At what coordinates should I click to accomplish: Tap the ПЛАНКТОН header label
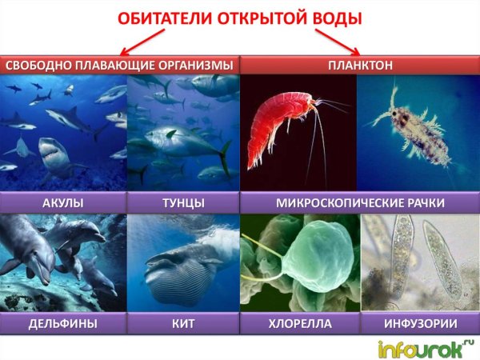pyautogui.click(x=360, y=65)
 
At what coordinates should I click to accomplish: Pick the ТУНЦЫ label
pyautogui.click(x=183, y=203)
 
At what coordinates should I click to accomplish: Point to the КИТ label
pyautogui.click(x=183, y=323)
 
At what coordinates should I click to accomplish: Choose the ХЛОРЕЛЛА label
pyautogui.click(x=300, y=323)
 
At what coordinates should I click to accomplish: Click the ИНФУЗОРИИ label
pyautogui.click(x=419, y=323)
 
